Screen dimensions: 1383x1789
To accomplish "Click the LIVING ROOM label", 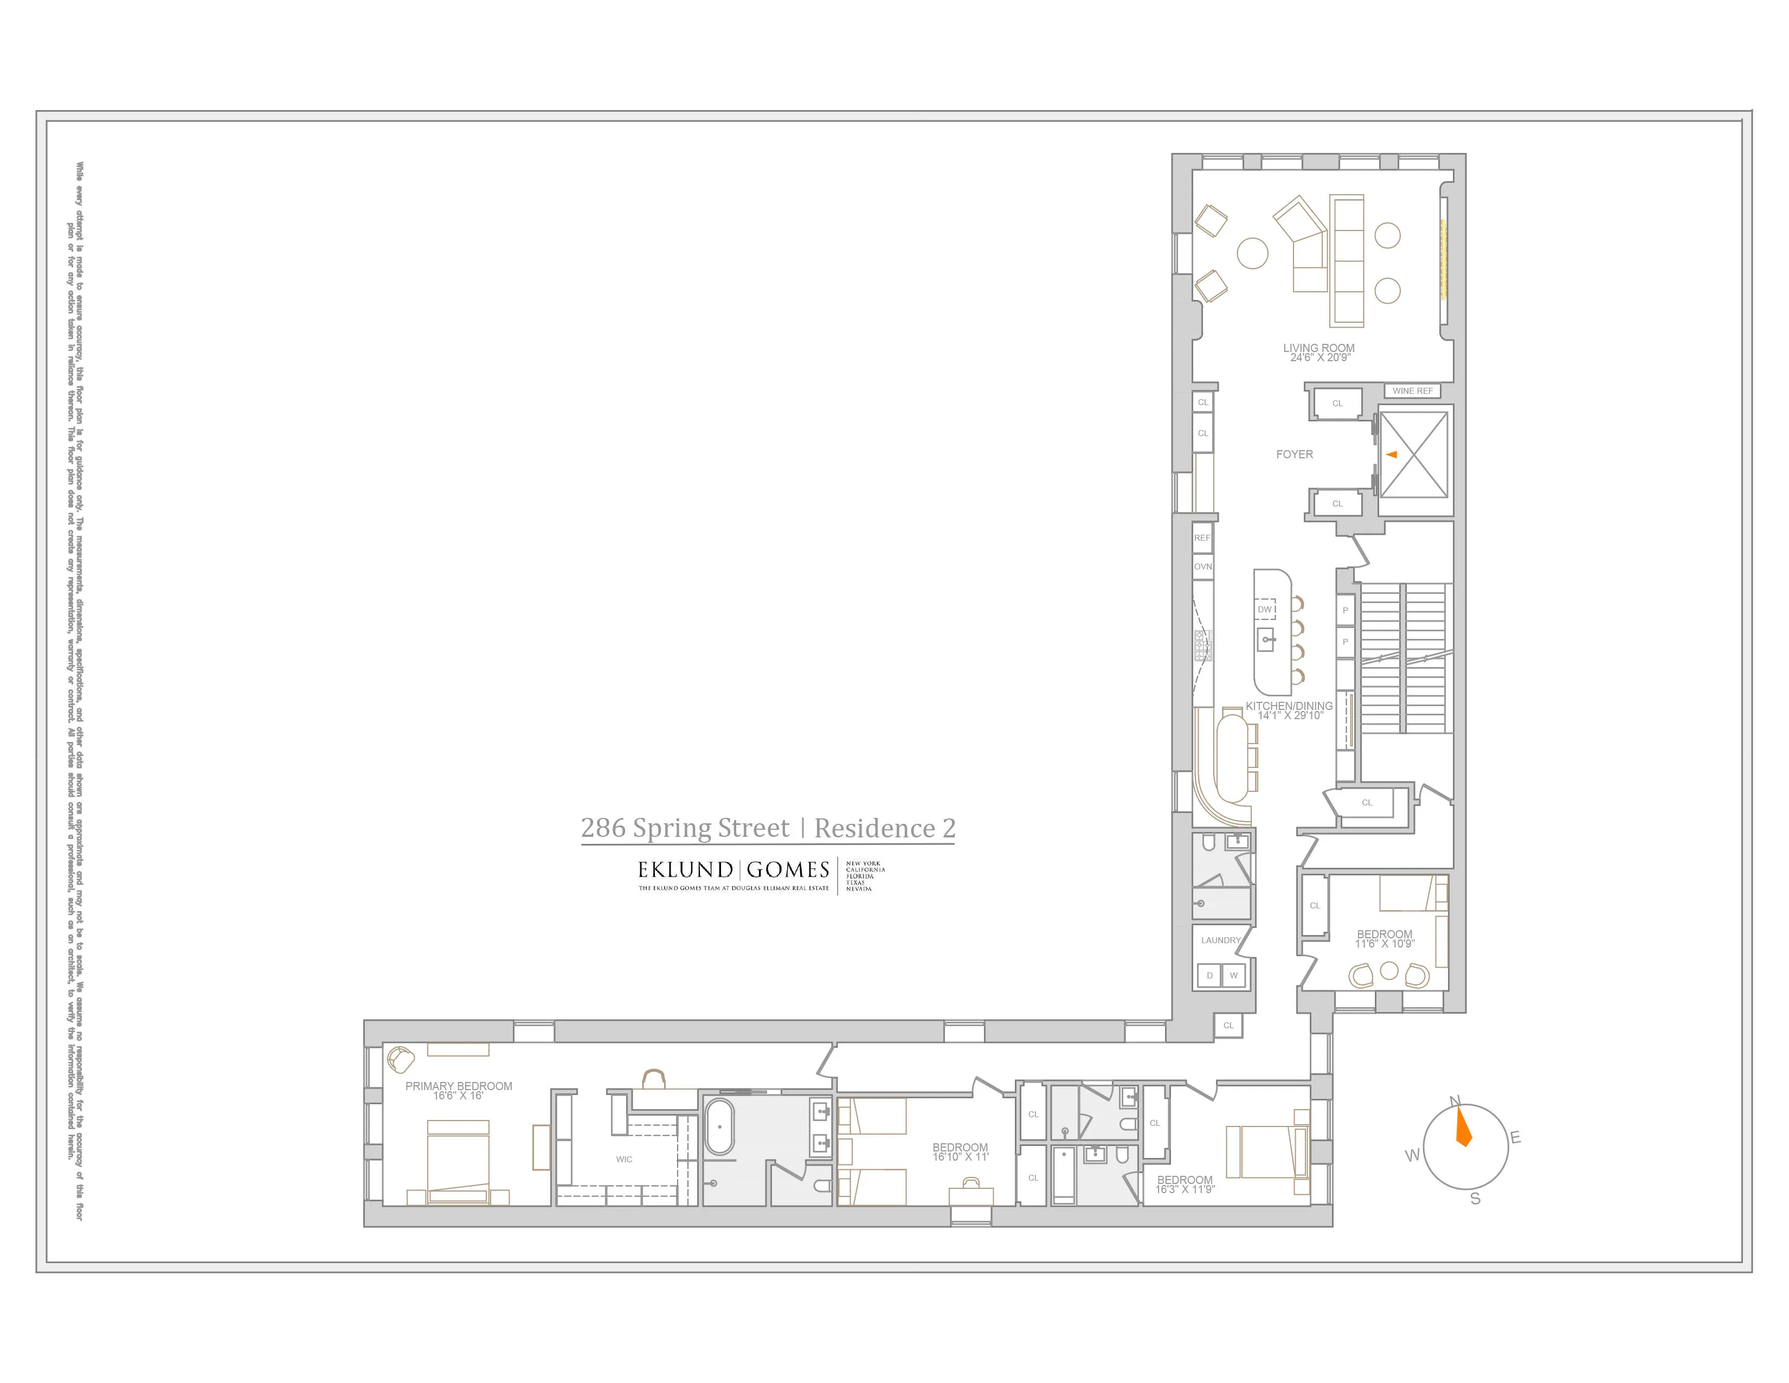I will pyautogui.click(x=1319, y=348).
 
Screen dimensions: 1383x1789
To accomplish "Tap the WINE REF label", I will pyautogui.click(x=1413, y=391).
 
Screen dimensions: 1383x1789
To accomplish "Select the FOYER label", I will pyautogui.click(x=1294, y=454).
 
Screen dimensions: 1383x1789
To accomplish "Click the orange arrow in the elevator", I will pyautogui.click(x=1391, y=454).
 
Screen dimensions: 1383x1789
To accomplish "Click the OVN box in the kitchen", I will pyautogui.click(x=1202, y=566).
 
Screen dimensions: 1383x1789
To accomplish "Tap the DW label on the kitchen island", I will pyautogui.click(x=1265, y=610).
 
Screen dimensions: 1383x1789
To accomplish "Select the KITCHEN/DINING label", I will pyautogui.click(x=1289, y=706).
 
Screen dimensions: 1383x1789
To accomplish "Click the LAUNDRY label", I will pyautogui.click(x=1220, y=940).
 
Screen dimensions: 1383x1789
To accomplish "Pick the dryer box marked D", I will pyautogui.click(x=1209, y=976).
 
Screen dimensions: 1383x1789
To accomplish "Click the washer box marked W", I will pyautogui.click(x=1234, y=976).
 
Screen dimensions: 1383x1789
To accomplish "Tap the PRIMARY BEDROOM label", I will pyautogui.click(x=459, y=1086).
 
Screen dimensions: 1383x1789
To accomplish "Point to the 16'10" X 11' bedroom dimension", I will pyautogui.click(x=960, y=1157).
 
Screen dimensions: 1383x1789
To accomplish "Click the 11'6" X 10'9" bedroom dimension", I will pyautogui.click(x=1385, y=944).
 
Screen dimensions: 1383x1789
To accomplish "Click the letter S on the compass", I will pyautogui.click(x=1475, y=1199).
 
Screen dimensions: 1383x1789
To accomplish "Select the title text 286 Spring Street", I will pyautogui.click(x=685, y=828).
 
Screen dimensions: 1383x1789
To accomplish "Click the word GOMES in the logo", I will pyautogui.click(x=788, y=869).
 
